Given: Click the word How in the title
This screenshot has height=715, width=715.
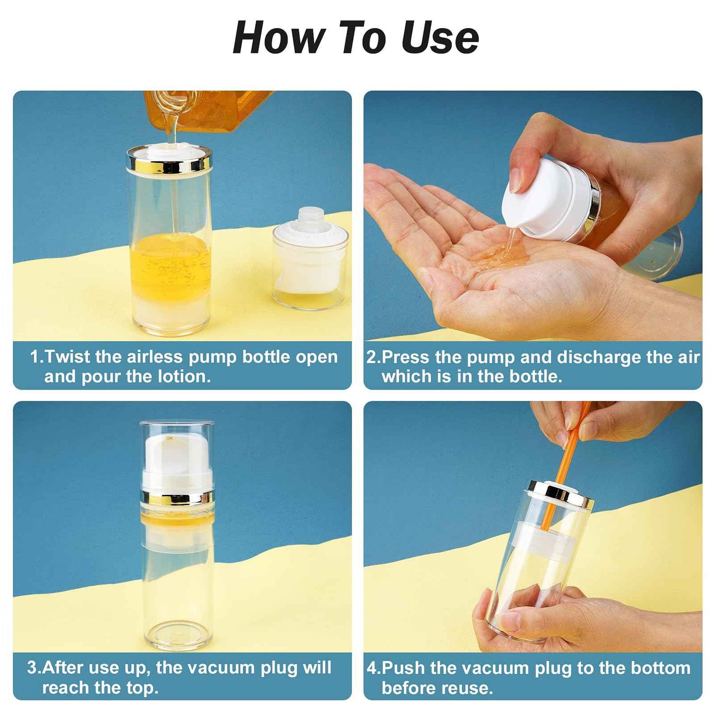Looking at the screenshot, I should click(277, 39).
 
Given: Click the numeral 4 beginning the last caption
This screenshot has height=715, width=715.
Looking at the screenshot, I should click(372, 668).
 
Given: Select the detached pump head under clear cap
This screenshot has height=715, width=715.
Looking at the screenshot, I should click(310, 257).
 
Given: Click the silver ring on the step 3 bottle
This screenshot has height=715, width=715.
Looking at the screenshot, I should click(178, 497).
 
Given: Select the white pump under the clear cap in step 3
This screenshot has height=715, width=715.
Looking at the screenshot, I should click(177, 460).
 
